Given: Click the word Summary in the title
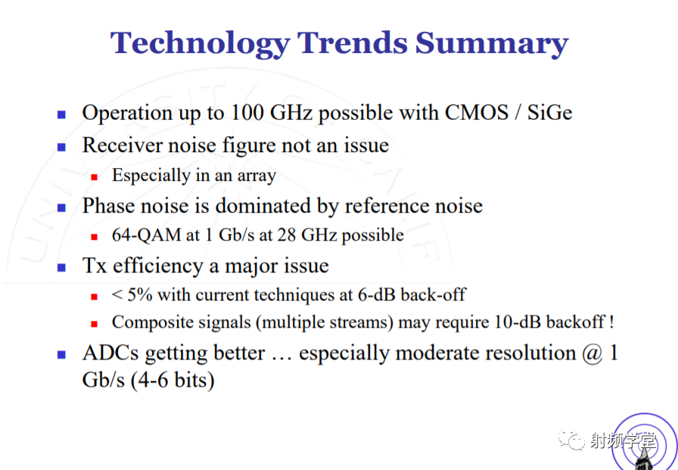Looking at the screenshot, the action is [x=492, y=43].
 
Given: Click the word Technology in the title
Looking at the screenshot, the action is [x=201, y=44].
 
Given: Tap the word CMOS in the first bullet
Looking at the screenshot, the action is [x=477, y=113].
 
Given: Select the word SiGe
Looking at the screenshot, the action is [x=549, y=113].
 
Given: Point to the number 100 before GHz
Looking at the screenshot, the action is [x=247, y=113].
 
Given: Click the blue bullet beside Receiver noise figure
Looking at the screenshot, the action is [x=61, y=147].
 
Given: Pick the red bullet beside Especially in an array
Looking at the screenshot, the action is [x=95, y=177].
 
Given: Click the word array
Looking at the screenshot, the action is [x=257, y=176].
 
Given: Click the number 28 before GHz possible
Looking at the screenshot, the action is [x=286, y=235].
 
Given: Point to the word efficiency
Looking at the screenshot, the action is [x=158, y=266].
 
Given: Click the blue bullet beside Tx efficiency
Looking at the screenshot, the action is [x=61, y=268].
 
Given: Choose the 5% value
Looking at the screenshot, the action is [x=140, y=295].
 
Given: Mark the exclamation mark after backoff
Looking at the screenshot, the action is [x=611, y=322].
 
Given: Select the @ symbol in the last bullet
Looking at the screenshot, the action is [x=592, y=353].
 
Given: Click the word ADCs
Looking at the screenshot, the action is [x=110, y=353].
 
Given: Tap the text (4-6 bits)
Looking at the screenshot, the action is [x=173, y=381].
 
